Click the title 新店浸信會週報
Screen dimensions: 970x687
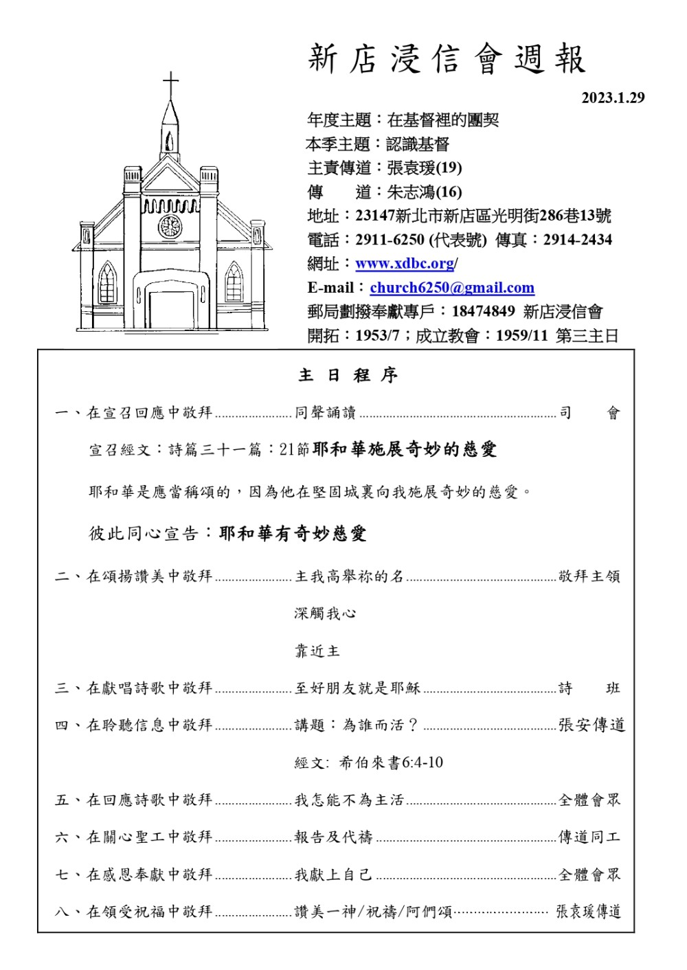(447, 58)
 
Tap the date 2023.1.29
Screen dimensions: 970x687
(613, 98)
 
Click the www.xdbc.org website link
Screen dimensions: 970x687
(405, 263)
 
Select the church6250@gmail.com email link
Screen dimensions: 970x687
(452, 287)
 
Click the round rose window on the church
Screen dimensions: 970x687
(170, 225)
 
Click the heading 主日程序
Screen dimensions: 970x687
(348, 375)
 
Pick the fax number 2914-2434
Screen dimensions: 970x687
(577, 240)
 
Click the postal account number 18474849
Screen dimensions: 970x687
(483, 311)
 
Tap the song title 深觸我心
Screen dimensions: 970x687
(325, 613)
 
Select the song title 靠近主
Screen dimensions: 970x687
(317, 651)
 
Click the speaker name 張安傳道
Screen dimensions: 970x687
(592, 725)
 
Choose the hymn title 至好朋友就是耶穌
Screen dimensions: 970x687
(357, 688)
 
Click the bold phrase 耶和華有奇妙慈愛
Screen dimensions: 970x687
(293, 533)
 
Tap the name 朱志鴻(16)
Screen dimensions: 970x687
(425, 192)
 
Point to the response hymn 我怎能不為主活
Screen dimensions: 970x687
(349, 800)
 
